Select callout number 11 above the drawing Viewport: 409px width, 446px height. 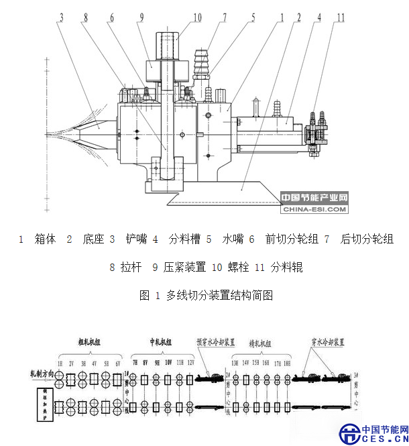click(341, 16)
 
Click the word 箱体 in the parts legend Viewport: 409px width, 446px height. click(45, 239)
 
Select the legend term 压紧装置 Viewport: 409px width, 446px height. click(183, 268)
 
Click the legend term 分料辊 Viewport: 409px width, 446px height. click(287, 268)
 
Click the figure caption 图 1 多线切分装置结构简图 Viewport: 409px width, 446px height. click(205, 295)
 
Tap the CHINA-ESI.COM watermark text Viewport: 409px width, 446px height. click(315, 209)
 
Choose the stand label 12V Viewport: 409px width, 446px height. click(192, 362)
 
